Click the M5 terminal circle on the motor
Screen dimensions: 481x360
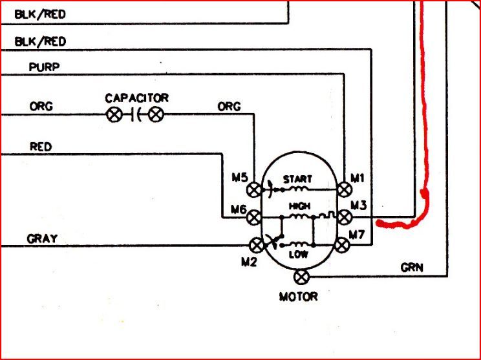pyautogui.click(x=254, y=190)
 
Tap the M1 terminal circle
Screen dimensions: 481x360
pyautogui.click(x=345, y=189)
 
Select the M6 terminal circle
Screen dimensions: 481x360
pyautogui.click(x=254, y=218)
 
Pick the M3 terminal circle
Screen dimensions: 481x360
pyautogui.click(x=345, y=217)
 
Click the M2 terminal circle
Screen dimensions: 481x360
pyautogui.click(x=257, y=246)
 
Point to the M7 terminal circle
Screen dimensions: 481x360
pyautogui.click(x=342, y=246)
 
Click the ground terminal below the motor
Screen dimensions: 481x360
pyautogui.click(x=301, y=277)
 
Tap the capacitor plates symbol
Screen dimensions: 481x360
pyautogui.click(x=136, y=115)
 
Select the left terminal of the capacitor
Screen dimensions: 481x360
pyautogui.click(x=114, y=115)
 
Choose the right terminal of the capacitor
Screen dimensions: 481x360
pyautogui.click(x=156, y=114)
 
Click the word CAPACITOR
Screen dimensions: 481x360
pyautogui.click(x=137, y=98)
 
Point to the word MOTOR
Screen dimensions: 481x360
pyautogui.click(x=298, y=297)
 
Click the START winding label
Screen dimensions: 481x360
pyautogui.click(x=297, y=179)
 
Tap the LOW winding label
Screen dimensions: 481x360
pyautogui.click(x=299, y=255)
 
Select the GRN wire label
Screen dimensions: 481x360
pyautogui.click(x=412, y=268)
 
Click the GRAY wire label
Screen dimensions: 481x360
pyautogui.click(x=42, y=238)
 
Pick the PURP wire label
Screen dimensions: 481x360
pyautogui.click(x=44, y=67)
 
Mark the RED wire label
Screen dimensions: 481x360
pyautogui.click(x=41, y=147)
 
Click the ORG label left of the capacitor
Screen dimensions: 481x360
pyautogui.click(x=41, y=107)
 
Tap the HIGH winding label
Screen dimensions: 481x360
pyautogui.click(x=300, y=206)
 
